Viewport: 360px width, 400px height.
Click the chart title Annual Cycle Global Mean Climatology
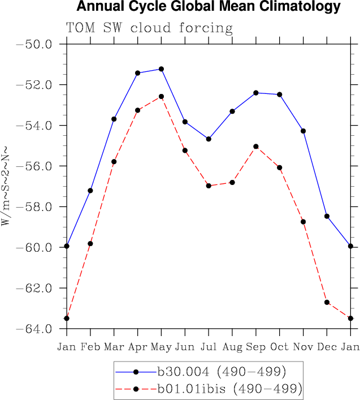point(208,7)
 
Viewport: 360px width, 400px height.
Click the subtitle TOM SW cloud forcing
point(149,28)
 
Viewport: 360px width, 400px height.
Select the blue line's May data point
point(162,69)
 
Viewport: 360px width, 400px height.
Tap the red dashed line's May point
point(162,97)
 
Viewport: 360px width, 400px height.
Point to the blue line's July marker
point(209,139)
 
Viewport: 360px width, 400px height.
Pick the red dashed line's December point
point(327,302)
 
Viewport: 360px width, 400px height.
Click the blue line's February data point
point(90,191)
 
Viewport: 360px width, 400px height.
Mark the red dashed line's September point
point(256,147)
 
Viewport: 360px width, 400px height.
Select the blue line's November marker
point(303,131)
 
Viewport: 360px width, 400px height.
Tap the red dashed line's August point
point(232,182)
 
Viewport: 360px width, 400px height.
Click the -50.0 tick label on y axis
point(36,44)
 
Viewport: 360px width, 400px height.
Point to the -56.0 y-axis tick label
point(36,166)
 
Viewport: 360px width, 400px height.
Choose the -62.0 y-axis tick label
point(36,289)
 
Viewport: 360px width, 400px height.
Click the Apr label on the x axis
point(137,346)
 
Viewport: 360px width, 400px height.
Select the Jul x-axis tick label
point(209,346)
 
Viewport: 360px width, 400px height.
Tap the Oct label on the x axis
point(279,346)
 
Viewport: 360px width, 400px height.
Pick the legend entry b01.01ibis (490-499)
point(229,389)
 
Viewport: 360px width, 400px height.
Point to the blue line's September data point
point(256,93)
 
